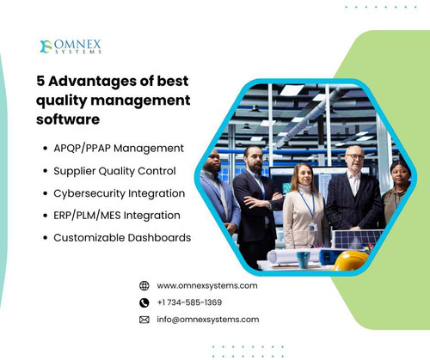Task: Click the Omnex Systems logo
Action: (x=71, y=46)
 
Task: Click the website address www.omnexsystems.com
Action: (x=207, y=285)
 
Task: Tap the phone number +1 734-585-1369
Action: (x=189, y=302)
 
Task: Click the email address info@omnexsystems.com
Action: (x=207, y=319)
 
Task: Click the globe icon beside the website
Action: (x=144, y=285)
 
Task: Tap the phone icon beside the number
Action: (x=144, y=302)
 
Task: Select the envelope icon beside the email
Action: (x=144, y=320)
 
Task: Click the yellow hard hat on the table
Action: (x=351, y=259)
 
